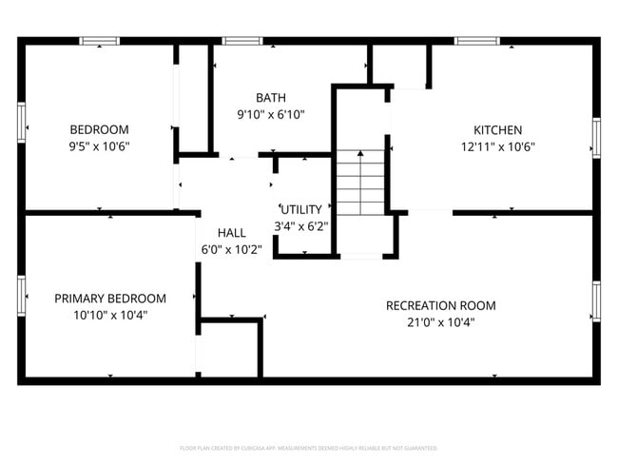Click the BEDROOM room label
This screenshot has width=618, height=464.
[99, 129]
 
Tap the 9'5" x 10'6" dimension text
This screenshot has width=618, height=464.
[99, 146]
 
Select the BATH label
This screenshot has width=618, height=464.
[271, 98]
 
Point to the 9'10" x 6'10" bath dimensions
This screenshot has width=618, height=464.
[271, 114]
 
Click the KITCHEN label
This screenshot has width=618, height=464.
[498, 129]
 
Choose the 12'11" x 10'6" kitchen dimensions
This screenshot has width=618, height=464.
[498, 146]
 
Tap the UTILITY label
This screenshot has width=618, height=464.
[301, 209]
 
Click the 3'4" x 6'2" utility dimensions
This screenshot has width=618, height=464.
[301, 226]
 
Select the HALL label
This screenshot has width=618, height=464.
[232, 233]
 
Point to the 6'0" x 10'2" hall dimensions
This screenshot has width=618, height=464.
[232, 249]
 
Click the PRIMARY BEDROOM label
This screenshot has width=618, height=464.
[110, 298]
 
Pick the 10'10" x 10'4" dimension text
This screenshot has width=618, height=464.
[110, 315]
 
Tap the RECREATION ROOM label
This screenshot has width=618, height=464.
[440, 305]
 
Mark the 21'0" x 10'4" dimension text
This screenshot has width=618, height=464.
[440, 322]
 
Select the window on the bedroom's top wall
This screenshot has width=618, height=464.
[99, 41]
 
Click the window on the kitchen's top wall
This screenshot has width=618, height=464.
[476, 41]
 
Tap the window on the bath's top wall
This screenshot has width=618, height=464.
[242, 41]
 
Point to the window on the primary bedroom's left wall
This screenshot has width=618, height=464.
[21, 295]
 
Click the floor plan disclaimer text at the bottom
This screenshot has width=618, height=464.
[309, 447]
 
